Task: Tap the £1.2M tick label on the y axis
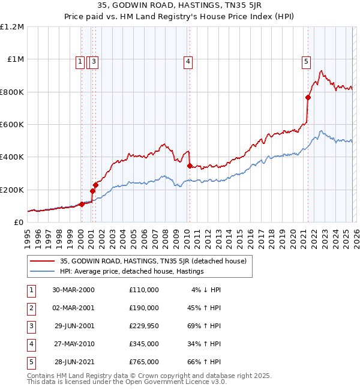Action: coord(12,27)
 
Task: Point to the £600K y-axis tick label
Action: coord(12,125)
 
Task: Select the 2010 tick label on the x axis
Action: coord(187,239)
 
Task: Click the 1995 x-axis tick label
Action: coord(28,239)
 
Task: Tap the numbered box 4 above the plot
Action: coord(188,61)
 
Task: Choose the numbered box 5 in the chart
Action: coord(306,61)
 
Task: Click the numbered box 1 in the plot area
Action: coord(80,61)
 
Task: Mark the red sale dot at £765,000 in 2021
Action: coord(308,98)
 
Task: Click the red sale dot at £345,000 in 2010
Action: coord(190,166)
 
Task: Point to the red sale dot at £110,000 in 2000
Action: coord(82,204)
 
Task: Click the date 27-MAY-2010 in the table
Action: coord(73,344)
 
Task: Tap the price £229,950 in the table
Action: coord(143,326)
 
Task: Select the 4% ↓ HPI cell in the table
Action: coord(206,290)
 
